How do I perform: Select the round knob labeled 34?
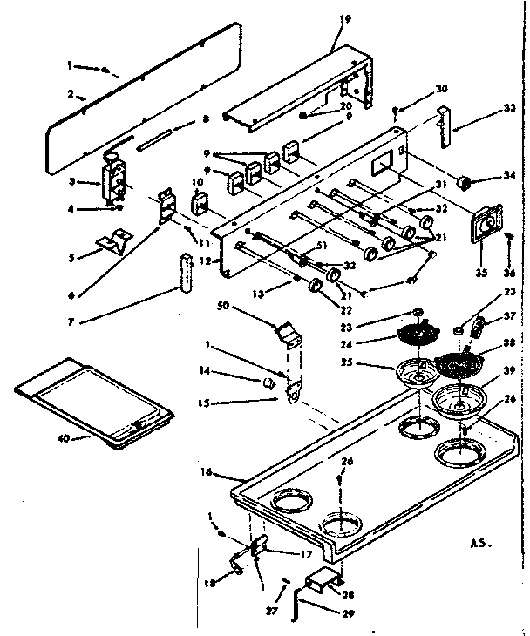point(463,183)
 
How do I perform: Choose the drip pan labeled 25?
point(417,372)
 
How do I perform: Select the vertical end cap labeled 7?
point(184,274)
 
